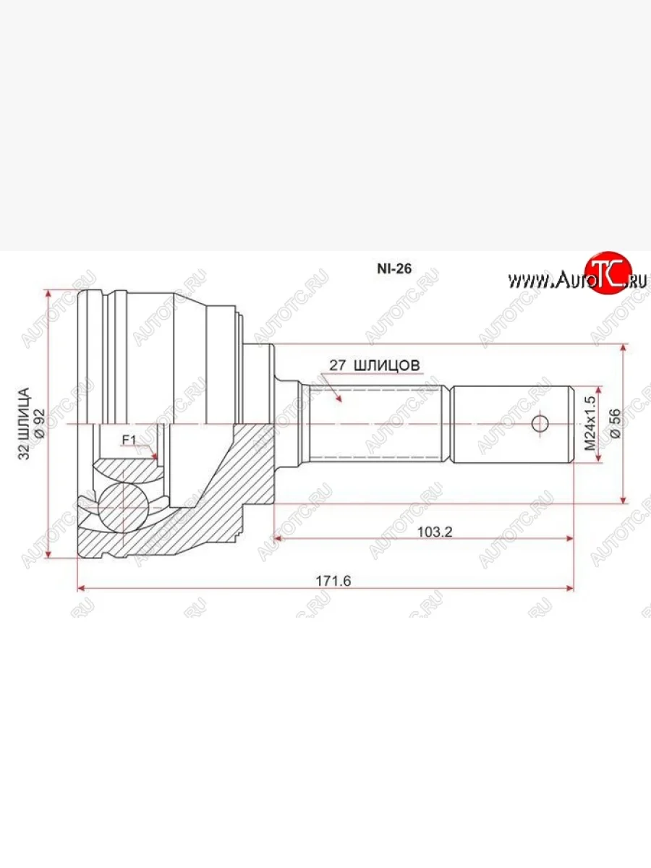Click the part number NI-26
pyautogui.click(x=393, y=269)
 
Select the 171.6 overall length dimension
pyautogui.click(x=333, y=581)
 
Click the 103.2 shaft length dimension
pyautogui.click(x=435, y=532)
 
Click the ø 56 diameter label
pyautogui.click(x=616, y=424)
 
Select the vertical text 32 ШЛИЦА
pyautogui.click(x=24, y=424)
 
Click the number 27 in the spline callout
pyautogui.click(x=338, y=365)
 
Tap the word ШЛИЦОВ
pyautogui.click(x=387, y=365)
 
